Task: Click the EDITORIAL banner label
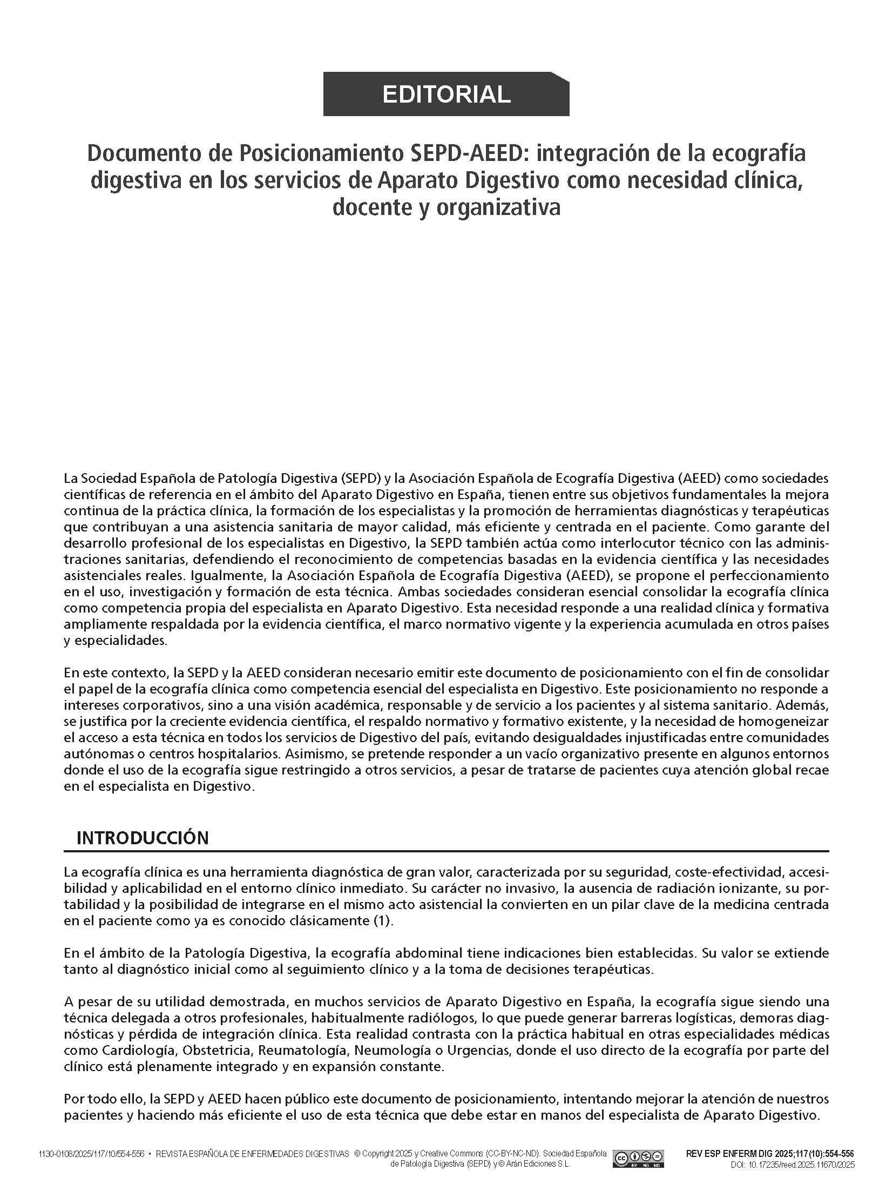click(446, 95)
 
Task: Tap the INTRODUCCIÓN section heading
click(143, 837)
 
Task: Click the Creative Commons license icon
click(638, 1168)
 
